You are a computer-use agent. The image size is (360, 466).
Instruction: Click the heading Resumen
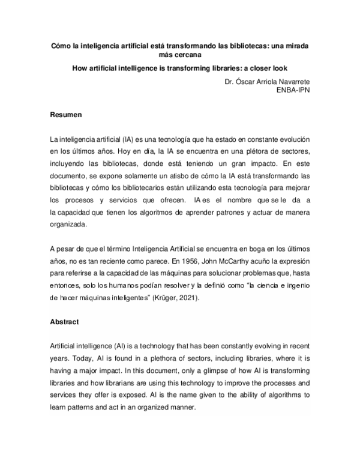66,113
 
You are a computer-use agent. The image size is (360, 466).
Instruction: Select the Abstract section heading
64,322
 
